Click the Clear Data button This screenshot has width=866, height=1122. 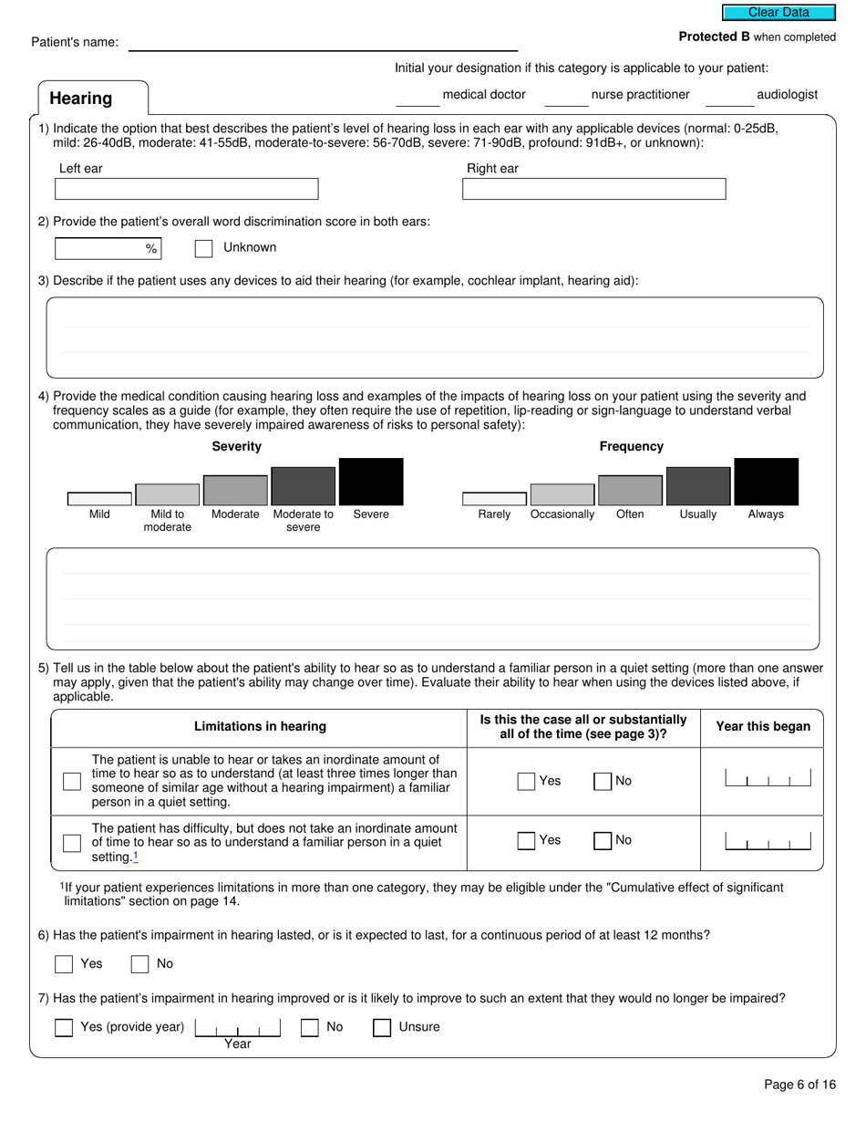pos(778,13)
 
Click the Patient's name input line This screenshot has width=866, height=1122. pos(323,43)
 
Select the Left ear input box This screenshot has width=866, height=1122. pos(186,189)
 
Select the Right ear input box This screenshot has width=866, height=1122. pos(593,189)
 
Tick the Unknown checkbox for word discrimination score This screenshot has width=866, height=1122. pos(204,248)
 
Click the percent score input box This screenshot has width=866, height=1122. pos(100,248)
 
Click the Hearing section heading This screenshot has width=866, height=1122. pos(81,99)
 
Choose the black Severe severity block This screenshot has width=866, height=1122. pos(371,482)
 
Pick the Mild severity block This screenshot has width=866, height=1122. pos(99,499)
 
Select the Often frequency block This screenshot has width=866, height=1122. pos(630,490)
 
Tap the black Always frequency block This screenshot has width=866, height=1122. pos(766,482)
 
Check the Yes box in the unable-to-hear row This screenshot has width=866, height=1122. pos(526,781)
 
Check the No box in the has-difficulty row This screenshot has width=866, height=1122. pos(603,841)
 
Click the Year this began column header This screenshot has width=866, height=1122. pos(763,727)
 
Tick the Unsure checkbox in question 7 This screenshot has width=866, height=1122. pos(382,1028)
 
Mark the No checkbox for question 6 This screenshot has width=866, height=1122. pos(139,964)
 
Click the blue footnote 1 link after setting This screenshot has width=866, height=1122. pos(136,857)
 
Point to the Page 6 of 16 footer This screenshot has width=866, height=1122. pos(799,1085)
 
